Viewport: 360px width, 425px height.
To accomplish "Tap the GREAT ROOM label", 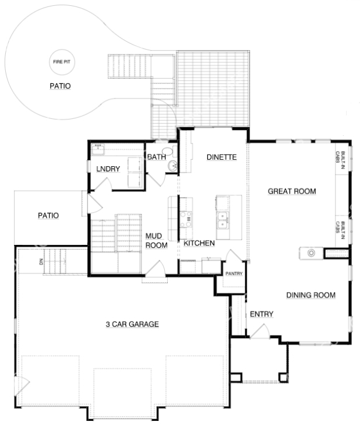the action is click(x=292, y=191).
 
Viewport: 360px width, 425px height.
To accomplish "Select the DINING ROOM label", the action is click(x=310, y=295).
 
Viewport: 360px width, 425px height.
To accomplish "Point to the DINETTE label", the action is click(x=221, y=157).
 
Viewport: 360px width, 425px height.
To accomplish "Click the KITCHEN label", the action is click(x=199, y=243).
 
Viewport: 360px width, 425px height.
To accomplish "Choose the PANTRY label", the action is click(x=234, y=273).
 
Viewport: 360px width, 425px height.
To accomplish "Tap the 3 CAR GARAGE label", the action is click(x=132, y=324).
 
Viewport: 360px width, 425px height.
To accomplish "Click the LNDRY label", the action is click(x=108, y=169).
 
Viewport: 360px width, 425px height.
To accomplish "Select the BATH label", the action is click(x=156, y=157).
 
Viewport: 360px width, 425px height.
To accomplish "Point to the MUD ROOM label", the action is click(x=156, y=241).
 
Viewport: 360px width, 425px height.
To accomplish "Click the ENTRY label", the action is click(x=262, y=314).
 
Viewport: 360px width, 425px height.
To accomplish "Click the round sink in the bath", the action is click(x=172, y=166).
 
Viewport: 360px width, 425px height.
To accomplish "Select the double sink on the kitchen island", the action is click(x=223, y=220).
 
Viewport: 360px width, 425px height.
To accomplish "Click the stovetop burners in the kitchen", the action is click(x=186, y=219).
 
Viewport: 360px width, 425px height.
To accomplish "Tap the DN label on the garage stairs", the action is click(x=41, y=262).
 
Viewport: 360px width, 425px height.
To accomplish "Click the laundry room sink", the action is click(x=97, y=149).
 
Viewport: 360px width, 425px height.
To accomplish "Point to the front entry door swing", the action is click(x=260, y=331).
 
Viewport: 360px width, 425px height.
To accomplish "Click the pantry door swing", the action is click(x=234, y=255).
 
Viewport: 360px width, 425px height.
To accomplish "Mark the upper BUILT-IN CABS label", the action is click(x=340, y=160).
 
